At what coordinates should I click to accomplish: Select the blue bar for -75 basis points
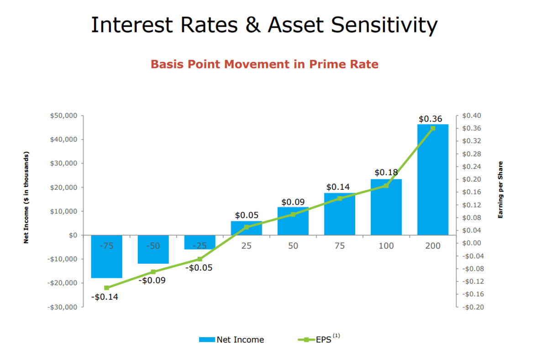coord(106,262)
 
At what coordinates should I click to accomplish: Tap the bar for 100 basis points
coord(386,208)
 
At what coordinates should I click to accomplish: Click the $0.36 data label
coord(430,119)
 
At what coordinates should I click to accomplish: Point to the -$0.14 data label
coord(105,297)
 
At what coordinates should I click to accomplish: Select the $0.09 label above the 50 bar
coord(293,202)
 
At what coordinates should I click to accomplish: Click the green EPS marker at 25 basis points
coord(247,227)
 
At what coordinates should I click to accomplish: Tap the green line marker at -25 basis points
coord(200,259)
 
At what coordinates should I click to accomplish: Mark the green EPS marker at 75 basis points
coord(340,198)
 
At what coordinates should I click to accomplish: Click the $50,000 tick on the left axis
coord(64,115)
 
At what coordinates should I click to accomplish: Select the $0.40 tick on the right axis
coord(472,115)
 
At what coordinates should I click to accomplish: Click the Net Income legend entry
coord(231,339)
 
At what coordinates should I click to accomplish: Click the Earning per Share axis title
coord(500,189)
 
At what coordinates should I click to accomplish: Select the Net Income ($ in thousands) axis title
coord(26,197)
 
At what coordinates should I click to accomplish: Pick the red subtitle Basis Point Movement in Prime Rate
coord(264,64)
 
